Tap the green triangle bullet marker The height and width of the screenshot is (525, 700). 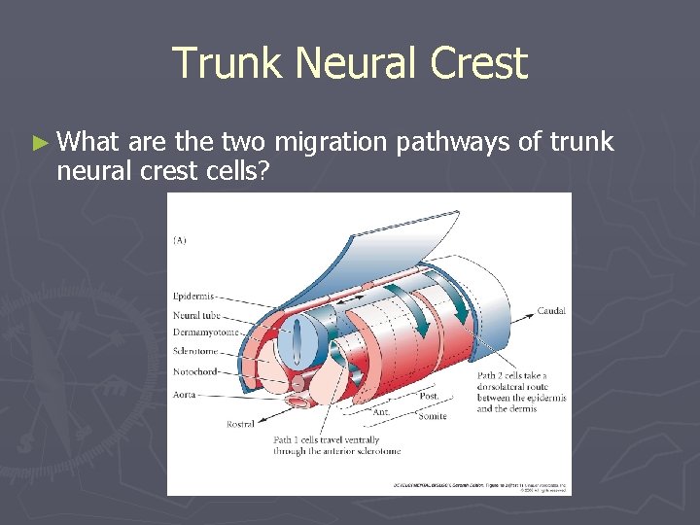click(x=38, y=143)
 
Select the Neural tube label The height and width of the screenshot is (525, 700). click(x=195, y=314)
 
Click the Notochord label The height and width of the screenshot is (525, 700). click(x=195, y=370)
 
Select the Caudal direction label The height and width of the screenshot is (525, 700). click(x=550, y=311)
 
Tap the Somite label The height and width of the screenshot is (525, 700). click(x=433, y=416)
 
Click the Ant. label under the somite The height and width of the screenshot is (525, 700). click(x=382, y=411)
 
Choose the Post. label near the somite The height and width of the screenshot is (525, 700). click(x=428, y=396)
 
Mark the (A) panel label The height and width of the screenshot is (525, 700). click(x=182, y=239)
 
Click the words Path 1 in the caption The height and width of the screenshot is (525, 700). click(x=288, y=439)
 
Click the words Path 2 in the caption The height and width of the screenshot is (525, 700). click(x=492, y=375)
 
